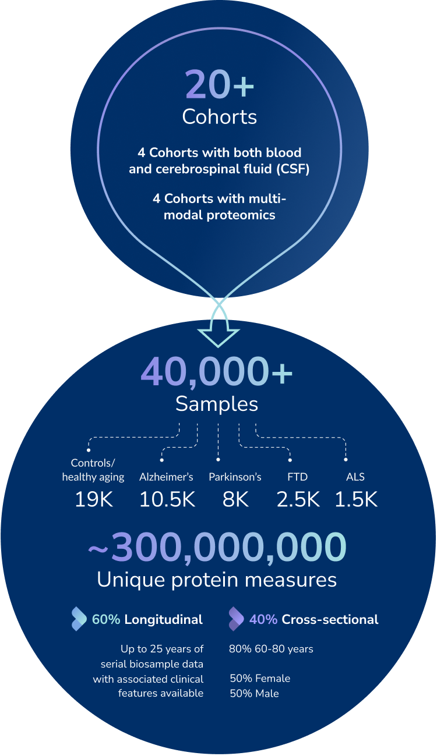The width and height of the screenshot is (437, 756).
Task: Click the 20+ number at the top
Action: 220,85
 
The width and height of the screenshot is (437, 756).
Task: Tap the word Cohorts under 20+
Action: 220,116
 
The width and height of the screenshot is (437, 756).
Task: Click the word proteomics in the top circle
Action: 239,214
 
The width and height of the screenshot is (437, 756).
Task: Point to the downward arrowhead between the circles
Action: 218,339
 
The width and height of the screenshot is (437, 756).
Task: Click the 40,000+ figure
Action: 217,373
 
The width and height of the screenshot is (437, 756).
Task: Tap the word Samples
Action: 217,404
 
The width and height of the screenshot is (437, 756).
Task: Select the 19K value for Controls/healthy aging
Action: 93,499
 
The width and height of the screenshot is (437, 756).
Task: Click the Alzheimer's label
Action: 166,477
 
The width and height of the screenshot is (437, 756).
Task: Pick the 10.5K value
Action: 167,499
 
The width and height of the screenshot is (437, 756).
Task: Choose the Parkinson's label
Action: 235,477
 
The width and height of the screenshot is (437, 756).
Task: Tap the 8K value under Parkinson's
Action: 235,499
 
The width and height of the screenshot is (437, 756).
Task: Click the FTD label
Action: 298,477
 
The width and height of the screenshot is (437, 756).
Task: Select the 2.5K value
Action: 298,499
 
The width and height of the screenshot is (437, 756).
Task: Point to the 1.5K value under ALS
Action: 356,499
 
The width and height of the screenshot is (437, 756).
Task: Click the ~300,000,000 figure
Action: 217,548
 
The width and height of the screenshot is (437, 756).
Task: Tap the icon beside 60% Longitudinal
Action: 79,619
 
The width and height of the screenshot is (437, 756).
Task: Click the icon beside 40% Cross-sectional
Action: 236,619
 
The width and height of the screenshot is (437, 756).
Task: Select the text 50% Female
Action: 260,679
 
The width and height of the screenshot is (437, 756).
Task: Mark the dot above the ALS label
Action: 346,460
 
